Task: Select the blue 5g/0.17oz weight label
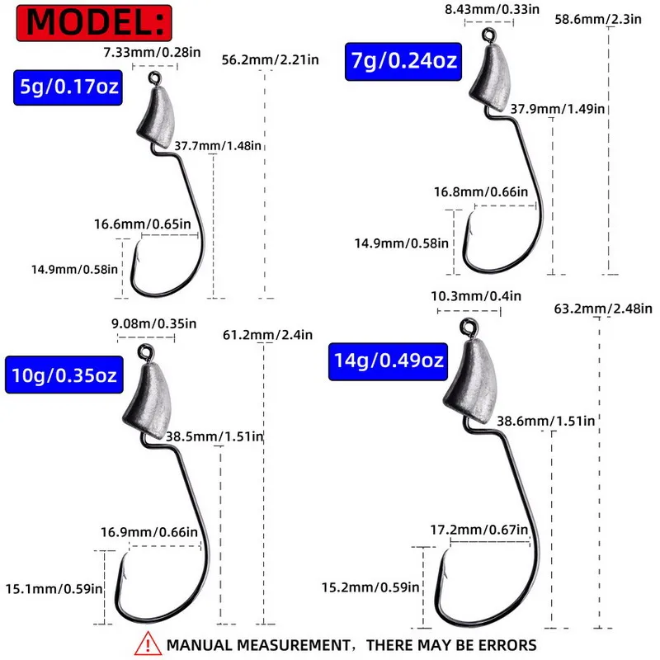[x=68, y=87]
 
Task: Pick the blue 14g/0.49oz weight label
[x=388, y=361]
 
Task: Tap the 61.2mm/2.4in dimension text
[x=268, y=334]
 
